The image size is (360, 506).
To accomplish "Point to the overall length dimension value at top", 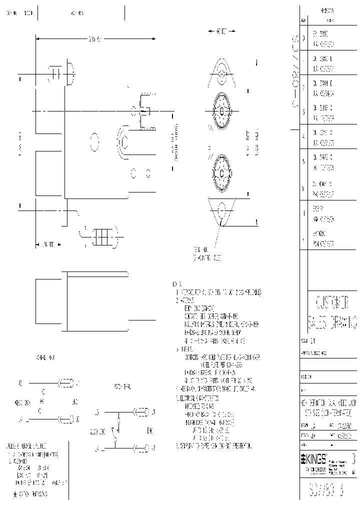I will pos(95,38).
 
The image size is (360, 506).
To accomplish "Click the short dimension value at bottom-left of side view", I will pos(48,244).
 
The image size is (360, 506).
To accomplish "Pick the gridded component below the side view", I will pos(101,236).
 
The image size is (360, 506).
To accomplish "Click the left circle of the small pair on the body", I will pos(134,173).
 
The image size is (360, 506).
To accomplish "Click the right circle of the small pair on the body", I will pos(148,173).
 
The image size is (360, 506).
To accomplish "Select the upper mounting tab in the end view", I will pos(221,73).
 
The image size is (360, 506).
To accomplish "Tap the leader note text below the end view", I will pos(207,254).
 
